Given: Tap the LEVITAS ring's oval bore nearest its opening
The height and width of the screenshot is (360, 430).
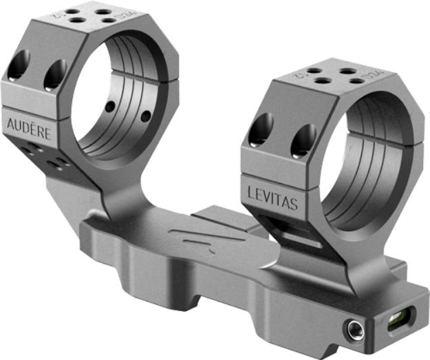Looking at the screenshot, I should (303, 140).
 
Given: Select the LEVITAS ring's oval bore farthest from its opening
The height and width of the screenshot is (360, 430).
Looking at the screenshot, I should (261, 129).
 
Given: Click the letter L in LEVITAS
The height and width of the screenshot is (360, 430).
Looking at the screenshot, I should (248, 191).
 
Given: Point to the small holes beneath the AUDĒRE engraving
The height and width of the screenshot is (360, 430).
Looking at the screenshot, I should (41, 155).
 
